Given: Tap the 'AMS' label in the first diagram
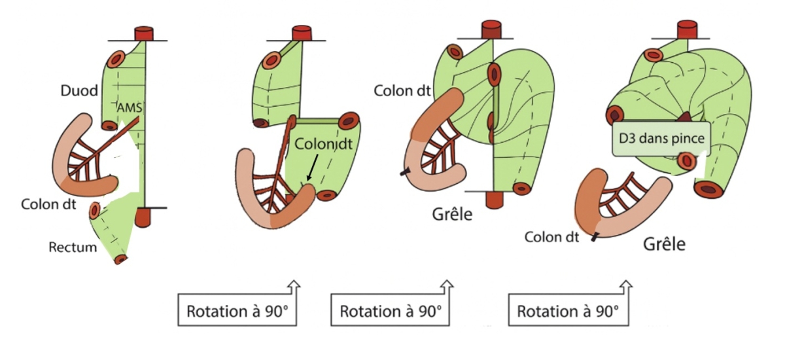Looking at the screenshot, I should (128, 108).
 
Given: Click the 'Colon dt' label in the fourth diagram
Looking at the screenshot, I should (551, 237).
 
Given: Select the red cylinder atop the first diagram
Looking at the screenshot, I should (143, 34).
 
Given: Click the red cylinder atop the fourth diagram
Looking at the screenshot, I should (687, 29).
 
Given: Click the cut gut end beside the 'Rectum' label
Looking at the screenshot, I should (120, 259).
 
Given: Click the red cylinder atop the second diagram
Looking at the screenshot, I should (301, 33).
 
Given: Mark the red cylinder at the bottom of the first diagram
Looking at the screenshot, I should (143, 216).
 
